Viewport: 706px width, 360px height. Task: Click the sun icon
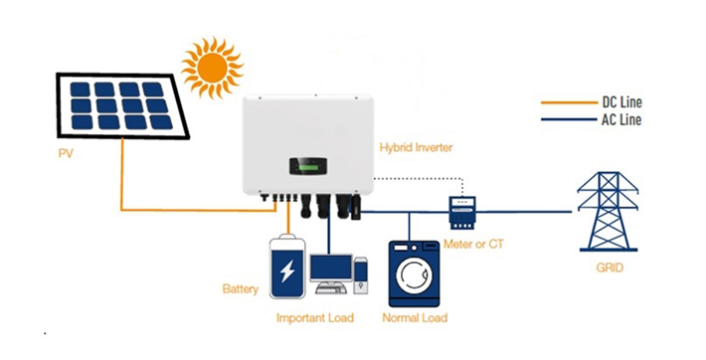point(212,69)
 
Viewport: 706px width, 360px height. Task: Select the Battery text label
point(241,290)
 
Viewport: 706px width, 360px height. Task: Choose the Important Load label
point(317,318)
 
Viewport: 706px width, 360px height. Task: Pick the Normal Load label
point(415,318)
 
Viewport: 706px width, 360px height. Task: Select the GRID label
point(608,268)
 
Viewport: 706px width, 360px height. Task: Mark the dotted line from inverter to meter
point(418,180)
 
